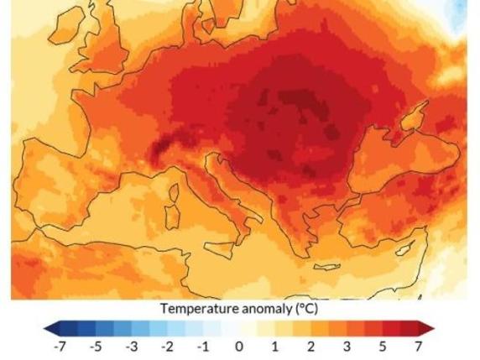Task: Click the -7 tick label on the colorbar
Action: pos(59,346)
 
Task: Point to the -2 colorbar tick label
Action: pos(167,346)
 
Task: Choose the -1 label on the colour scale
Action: pos(203,346)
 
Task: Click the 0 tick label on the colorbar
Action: pos(239,346)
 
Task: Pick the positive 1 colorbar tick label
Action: pos(275,346)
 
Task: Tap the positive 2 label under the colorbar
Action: pos(311,346)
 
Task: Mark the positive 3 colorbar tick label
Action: pos(347,346)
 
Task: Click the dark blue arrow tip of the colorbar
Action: pos(49,327)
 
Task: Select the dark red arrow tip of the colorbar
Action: pos(430,327)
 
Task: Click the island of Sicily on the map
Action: pos(217,248)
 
